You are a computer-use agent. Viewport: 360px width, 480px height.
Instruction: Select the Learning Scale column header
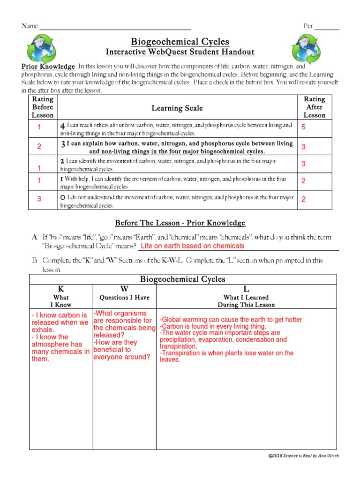[177, 108]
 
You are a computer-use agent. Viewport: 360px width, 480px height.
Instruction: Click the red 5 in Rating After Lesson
[303, 127]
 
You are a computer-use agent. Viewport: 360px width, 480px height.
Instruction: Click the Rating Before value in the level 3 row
[39, 146]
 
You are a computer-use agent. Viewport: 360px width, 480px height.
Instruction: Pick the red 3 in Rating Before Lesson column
[39, 199]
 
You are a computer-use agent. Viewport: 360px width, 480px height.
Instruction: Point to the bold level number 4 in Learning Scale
[62, 127]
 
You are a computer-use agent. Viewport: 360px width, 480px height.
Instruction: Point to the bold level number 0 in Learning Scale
[62, 198]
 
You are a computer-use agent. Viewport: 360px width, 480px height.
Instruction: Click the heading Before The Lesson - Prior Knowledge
[180, 223]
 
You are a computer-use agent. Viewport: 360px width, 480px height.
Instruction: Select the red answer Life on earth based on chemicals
[193, 246]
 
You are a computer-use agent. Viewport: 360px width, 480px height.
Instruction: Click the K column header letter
[61, 289]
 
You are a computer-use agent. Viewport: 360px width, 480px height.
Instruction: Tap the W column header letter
[124, 289]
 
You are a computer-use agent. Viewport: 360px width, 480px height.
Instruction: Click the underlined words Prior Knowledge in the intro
[48, 67]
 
